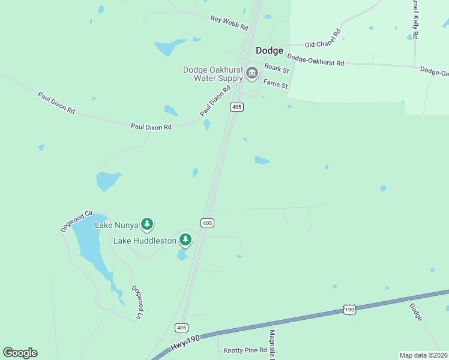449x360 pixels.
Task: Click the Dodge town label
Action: click(x=270, y=51)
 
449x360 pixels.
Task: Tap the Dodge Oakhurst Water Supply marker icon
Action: click(x=252, y=74)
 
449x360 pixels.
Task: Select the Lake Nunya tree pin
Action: click(x=147, y=224)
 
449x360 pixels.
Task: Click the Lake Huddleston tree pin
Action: click(x=185, y=240)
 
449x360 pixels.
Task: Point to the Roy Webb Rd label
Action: click(x=229, y=23)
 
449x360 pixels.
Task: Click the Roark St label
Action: click(x=277, y=69)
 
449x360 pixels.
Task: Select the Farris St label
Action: click(x=277, y=85)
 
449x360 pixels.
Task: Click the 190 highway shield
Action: click(x=349, y=310)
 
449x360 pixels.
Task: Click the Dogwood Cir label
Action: click(x=77, y=221)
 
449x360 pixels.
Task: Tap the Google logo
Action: click(x=20, y=352)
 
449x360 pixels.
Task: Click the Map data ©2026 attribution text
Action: click(x=423, y=355)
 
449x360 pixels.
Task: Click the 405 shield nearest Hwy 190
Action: click(x=182, y=328)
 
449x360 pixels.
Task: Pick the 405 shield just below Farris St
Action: click(x=237, y=107)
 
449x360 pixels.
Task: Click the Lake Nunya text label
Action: click(x=116, y=225)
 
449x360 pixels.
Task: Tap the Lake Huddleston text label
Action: click(x=145, y=241)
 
